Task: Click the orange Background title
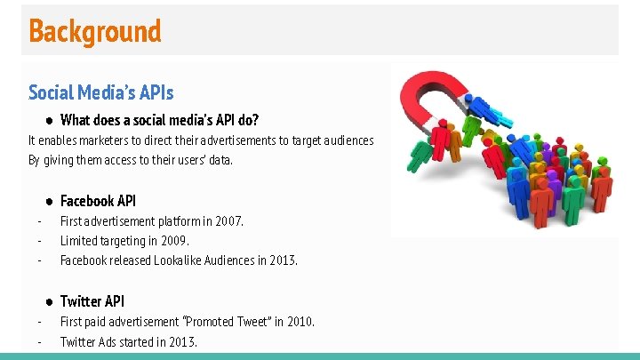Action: click(x=95, y=31)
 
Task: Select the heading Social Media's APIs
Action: click(x=100, y=92)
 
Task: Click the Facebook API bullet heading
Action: click(x=98, y=201)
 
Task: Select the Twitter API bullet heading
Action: click(x=92, y=301)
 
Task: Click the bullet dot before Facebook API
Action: click(x=51, y=201)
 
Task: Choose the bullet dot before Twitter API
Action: click(x=51, y=301)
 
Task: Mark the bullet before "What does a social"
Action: click(x=51, y=120)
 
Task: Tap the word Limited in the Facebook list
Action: click(x=78, y=241)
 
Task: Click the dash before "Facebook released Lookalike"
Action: click(x=39, y=260)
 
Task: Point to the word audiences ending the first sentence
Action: click(x=348, y=140)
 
